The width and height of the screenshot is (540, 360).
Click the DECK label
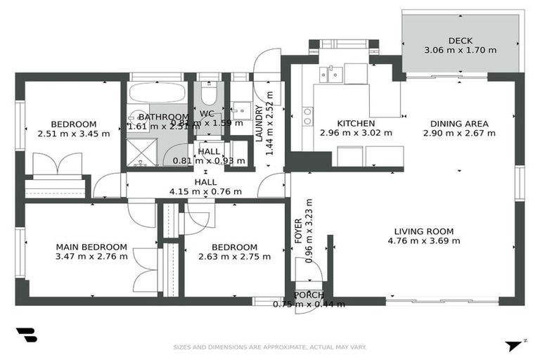pyautogui.click(x=460, y=40)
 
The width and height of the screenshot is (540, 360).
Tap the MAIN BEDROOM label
pyautogui.click(x=91, y=247)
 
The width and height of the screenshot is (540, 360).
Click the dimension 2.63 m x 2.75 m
pyautogui.click(x=234, y=257)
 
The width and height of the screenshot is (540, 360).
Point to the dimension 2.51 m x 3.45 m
pyautogui.click(x=73, y=133)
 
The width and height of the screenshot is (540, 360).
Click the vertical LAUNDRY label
pyautogui.click(x=259, y=124)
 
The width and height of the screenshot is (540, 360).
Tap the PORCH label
pyautogui.click(x=309, y=295)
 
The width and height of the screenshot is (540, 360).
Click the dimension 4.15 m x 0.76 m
pyautogui.click(x=205, y=191)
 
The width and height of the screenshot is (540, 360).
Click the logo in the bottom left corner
pyautogui.click(x=26, y=335)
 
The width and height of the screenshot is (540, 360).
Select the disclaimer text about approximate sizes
pyautogui.click(x=270, y=347)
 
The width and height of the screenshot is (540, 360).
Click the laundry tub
pyautogui.click(x=242, y=110)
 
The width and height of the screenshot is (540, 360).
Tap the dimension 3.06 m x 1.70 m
pyautogui.click(x=460, y=51)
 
